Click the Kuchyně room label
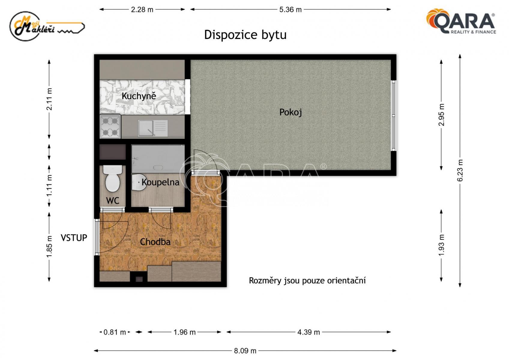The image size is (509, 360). [139, 96]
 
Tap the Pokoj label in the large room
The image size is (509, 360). [291, 112]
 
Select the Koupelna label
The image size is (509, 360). [161, 182]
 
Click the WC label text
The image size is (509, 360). [113, 201]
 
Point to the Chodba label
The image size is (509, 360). [155, 242]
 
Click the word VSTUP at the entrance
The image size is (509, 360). [74, 238]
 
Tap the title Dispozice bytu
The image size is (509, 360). [245, 35]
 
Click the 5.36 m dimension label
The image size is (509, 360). [291, 10]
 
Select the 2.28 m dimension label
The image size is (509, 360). [142, 10]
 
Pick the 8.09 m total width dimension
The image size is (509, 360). [245, 351]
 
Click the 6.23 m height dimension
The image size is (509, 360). [460, 170]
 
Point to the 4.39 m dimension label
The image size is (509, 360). [309, 332]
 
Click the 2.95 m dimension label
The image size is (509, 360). [441, 115]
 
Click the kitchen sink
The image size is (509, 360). [153, 128]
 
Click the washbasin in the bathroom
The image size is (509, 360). [139, 182]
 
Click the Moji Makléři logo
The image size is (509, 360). [47, 26]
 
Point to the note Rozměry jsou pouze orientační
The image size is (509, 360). [307, 280]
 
